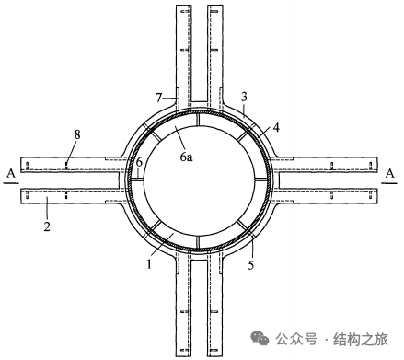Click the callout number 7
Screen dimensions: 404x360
pos(158,98)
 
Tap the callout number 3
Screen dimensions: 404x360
pos(244,97)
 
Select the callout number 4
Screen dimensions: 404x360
pos(276,128)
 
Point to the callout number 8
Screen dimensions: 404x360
pos(77,134)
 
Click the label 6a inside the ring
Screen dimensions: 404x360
pos(186,157)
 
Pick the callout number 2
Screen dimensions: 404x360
pos(47,226)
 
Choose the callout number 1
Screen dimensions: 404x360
pos(149,264)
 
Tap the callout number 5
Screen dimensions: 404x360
pos(251,265)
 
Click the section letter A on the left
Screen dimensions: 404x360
pos(11,174)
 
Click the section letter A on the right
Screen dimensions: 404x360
pos(389,174)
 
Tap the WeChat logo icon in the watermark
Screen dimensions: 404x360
pos(260,338)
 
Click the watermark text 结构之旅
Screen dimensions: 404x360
pos(361,339)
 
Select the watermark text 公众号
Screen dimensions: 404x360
pos(296,339)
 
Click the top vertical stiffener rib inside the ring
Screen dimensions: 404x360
pos(198,119)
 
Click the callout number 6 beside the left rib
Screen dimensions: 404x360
pos(139,162)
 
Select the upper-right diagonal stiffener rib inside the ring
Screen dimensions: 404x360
pos(243,135)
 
